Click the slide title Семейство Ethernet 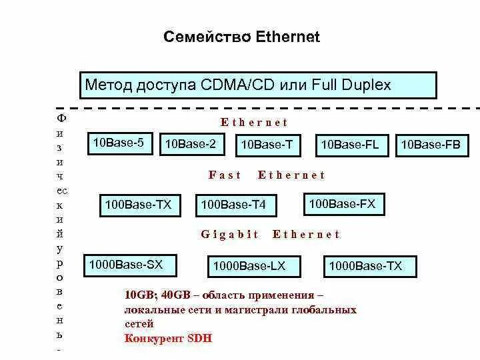tap(241, 37)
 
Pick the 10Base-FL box tap(351, 145)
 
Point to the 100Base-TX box tap(140, 205)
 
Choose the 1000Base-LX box tap(250, 267)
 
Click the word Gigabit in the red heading tap(230, 235)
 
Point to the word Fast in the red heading tap(225, 175)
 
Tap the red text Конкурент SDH tap(168, 338)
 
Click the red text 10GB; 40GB tap(155, 295)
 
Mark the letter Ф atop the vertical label tap(61, 118)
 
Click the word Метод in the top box tap(107, 85)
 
